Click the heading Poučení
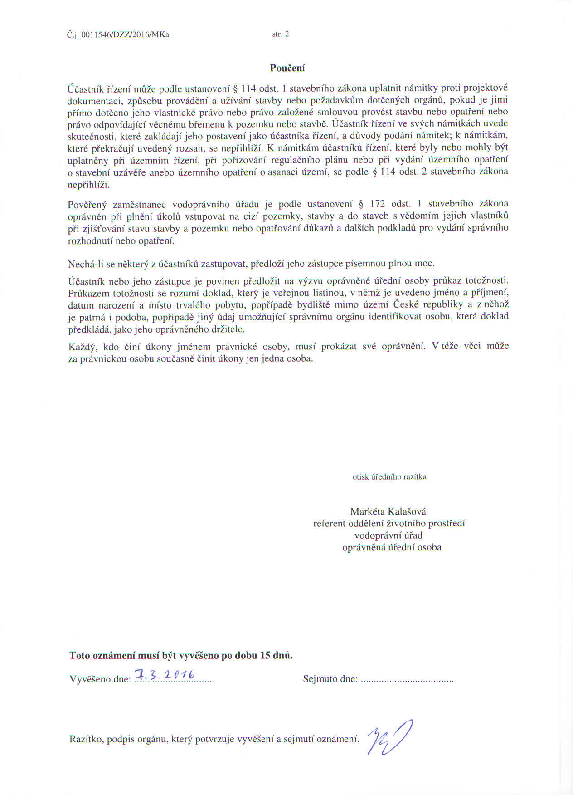pyautogui.click(x=287, y=68)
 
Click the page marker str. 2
pyautogui.click(x=280, y=34)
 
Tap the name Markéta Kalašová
pyautogui.click(x=388, y=511)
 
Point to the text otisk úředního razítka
pyautogui.click(x=389, y=477)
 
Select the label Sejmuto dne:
pyautogui.click(x=330, y=679)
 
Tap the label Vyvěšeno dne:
pyautogui.click(x=100, y=679)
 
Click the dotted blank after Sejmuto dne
pyautogui.click(x=407, y=680)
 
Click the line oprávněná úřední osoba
pyautogui.click(x=392, y=547)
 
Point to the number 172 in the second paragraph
pyautogui.click(x=379, y=204)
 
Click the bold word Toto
pyautogui.click(x=80, y=656)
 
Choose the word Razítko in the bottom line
pyautogui.click(x=87, y=739)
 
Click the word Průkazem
pyautogui.click(x=87, y=293)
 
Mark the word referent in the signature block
pyautogui.click(x=329, y=524)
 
